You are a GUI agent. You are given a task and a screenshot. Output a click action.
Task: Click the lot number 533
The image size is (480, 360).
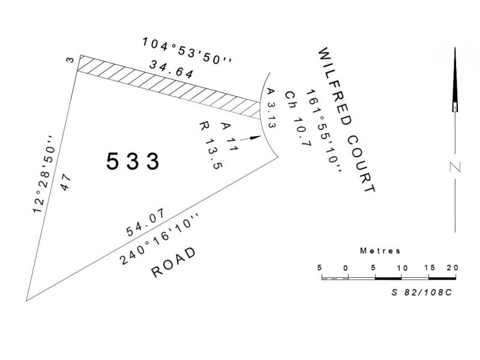(x=133, y=161)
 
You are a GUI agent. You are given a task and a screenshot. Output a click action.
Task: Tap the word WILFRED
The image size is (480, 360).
(x=333, y=87)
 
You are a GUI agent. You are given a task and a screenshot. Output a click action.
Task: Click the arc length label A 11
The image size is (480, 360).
(x=226, y=134)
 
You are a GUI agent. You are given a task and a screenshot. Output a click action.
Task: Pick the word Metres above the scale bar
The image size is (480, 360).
(x=380, y=250)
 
